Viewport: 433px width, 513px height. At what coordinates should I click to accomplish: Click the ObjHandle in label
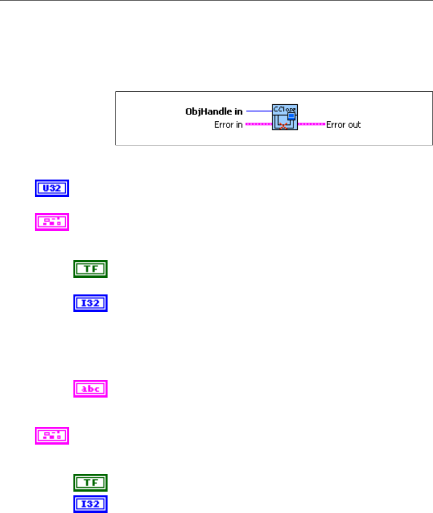[x=213, y=112]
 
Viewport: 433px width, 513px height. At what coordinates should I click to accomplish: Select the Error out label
[x=344, y=125]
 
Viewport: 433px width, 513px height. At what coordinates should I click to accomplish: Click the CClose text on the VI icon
[x=284, y=108]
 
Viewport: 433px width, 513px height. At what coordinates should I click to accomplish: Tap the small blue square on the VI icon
[x=292, y=116]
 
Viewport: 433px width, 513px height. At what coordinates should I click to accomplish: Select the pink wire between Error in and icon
[x=259, y=125]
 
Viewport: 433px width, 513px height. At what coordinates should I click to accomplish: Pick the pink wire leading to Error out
[x=312, y=125]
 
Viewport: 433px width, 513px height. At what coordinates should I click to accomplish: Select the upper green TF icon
[x=90, y=269]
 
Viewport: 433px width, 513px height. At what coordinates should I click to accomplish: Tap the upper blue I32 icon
[x=90, y=304]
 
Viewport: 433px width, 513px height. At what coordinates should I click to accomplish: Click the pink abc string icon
[x=90, y=388]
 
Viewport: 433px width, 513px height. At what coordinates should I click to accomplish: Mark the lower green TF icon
[x=90, y=483]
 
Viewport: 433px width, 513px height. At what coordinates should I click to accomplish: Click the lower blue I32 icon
[x=90, y=504]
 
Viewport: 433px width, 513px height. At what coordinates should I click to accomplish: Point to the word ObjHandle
[x=206, y=112]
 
